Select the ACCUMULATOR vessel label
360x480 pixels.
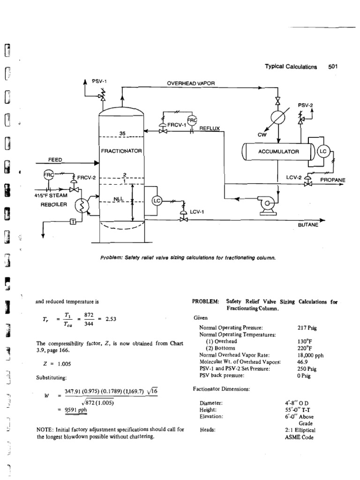click(x=277, y=151)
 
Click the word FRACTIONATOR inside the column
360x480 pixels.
click(x=121, y=150)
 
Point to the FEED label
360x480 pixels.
click(x=56, y=159)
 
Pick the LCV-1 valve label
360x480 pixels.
click(x=197, y=211)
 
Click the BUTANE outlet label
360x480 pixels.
click(x=308, y=225)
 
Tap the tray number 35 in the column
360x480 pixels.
click(x=122, y=134)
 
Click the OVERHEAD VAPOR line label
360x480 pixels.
click(x=191, y=83)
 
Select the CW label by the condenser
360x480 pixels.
click(x=262, y=134)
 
